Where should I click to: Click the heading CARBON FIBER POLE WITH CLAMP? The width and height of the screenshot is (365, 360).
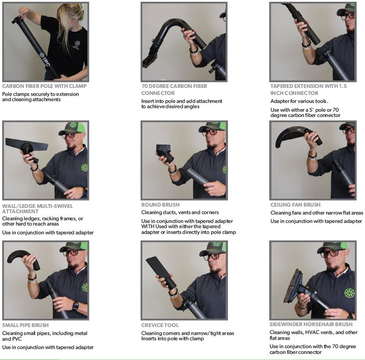(44, 86)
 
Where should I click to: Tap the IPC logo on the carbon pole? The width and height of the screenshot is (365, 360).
(45, 59)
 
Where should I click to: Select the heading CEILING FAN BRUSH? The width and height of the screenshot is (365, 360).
(296, 205)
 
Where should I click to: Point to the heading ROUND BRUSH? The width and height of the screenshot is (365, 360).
(160, 205)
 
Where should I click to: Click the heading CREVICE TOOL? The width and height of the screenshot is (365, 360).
(160, 325)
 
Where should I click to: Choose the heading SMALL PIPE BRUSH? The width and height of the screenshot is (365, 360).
(25, 325)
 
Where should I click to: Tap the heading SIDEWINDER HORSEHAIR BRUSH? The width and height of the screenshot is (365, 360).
(311, 324)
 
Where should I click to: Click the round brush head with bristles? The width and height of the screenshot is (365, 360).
(164, 151)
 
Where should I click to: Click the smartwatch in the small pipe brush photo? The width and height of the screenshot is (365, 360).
(76, 305)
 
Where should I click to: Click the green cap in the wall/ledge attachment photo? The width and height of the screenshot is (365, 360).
(73, 127)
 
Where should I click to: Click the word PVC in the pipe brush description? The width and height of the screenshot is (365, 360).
(16, 338)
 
